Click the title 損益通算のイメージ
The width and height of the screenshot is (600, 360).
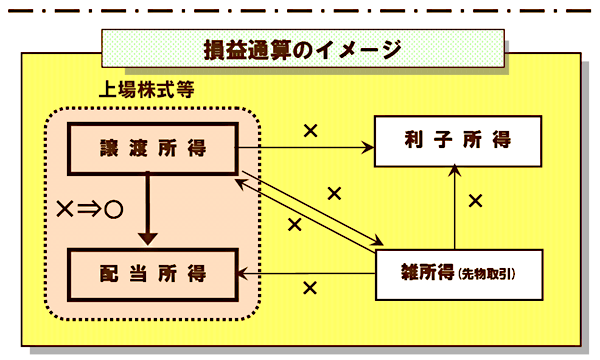pyautogui.click(x=300, y=47)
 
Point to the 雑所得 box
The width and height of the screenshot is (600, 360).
pyautogui.click(x=457, y=272)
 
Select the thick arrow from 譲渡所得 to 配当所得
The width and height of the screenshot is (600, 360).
pyautogui.click(x=148, y=205)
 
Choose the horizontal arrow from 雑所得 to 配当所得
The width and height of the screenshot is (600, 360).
pyautogui.click(x=305, y=272)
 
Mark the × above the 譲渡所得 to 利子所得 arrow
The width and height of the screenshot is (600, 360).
pyautogui.click(x=310, y=130)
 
